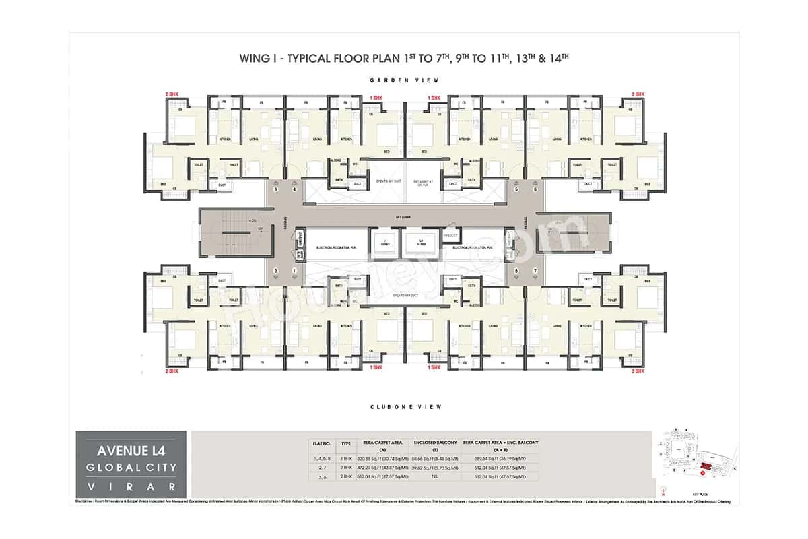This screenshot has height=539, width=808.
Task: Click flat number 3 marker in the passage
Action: [x=275, y=190]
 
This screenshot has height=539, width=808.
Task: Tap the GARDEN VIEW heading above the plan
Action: [x=404, y=80]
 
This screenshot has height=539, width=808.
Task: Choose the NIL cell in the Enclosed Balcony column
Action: [x=434, y=476]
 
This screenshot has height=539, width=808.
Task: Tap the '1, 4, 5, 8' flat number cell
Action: [x=321, y=458]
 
